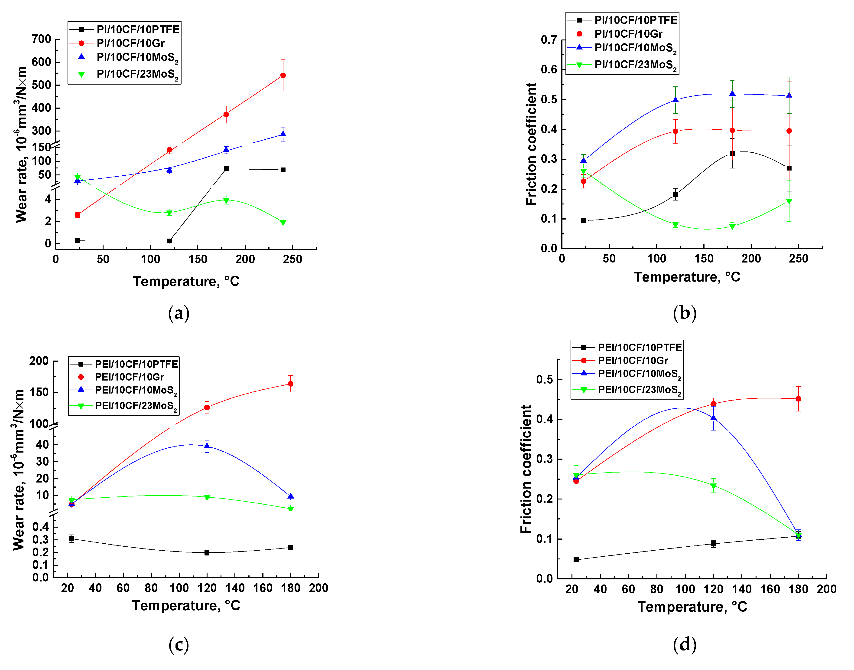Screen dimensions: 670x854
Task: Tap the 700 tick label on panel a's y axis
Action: click(x=42, y=39)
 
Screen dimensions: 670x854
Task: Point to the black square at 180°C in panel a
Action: click(x=226, y=169)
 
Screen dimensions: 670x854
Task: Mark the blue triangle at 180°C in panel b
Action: click(x=732, y=94)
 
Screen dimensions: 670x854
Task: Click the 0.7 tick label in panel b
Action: click(x=549, y=40)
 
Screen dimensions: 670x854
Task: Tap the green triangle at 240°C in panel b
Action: click(x=789, y=201)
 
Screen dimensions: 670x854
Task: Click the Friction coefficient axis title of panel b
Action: click(x=531, y=144)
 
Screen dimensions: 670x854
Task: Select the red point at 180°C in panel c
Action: click(x=290, y=384)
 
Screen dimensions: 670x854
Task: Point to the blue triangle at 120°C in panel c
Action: click(x=207, y=446)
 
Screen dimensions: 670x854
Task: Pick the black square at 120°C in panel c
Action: click(x=207, y=552)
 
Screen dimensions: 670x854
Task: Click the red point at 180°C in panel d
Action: click(x=798, y=399)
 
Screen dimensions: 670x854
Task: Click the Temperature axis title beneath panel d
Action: click(x=692, y=607)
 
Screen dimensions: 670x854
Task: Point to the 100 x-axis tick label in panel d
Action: click(x=685, y=589)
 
